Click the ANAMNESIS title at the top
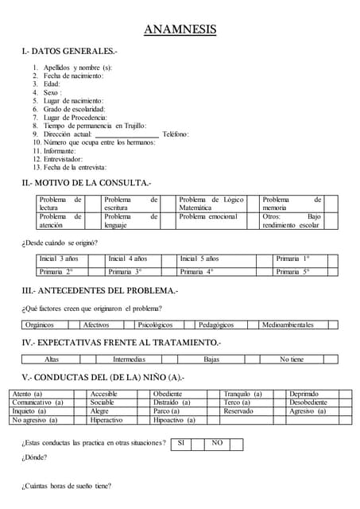pyautogui.click(x=180, y=30)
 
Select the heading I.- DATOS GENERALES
pyautogui.click(x=70, y=52)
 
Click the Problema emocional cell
pyautogui.click(x=208, y=216)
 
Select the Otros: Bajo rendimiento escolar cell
pyautogui.click(x=292, y=220)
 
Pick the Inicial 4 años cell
pyautogui.click(x=128, y=259)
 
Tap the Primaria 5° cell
pyautogui.click(x=292, y=271)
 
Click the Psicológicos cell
pyautogui.click(x=155, y=324)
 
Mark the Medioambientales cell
pyautogui.click(x=288, y=324)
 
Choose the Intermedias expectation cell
pyautogui.click(x=129, y=359)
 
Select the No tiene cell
pyautogui.click(x=292, y=359)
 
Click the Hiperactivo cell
pyautogui.click(x=106, y=420)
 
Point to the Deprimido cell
pyautogui.click(x=304, y=394)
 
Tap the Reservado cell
pyautogui.click(x=238, y=411)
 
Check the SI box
pyautogui.click(x=181, y=442)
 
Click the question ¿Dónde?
pyautogui.click(x=34, y=457)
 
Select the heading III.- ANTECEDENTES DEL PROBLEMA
pyautogui.click(x=100, y=290)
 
